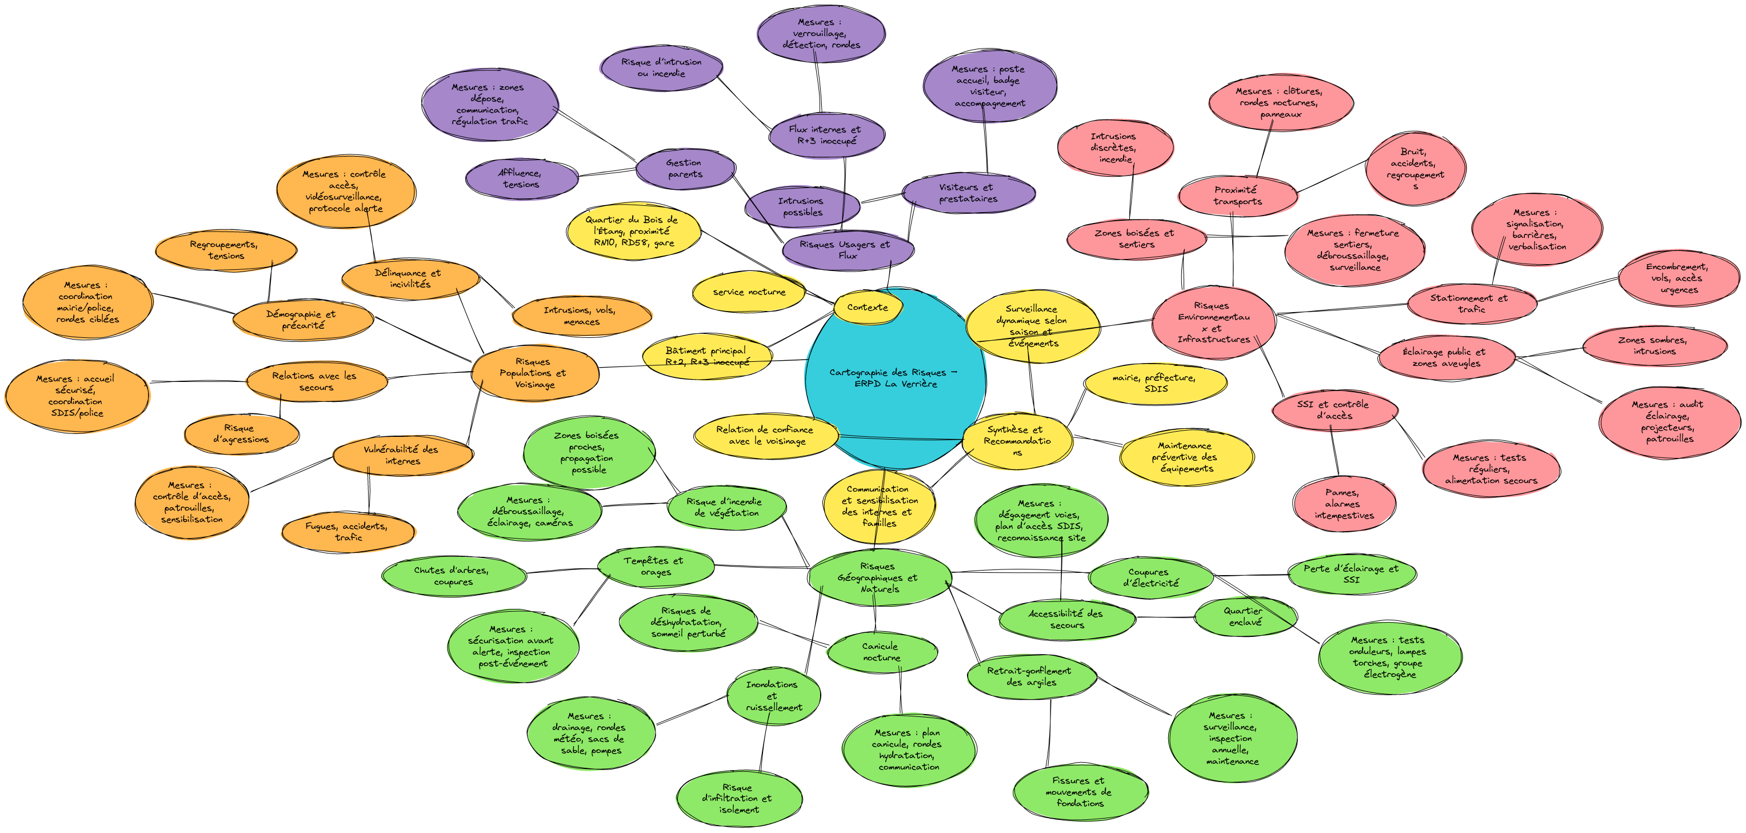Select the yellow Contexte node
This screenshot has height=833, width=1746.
(x=868, y=307)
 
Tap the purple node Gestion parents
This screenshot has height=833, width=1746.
(x=685, y=169)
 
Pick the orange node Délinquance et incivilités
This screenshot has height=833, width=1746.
(x=410, y=278)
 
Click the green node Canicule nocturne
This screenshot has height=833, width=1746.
(x=882, y=652)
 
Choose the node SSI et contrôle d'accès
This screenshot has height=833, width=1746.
(x=1334, y=410)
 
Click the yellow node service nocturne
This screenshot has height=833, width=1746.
(x=749, y=292)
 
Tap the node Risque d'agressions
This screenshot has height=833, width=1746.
(x=241, y=434)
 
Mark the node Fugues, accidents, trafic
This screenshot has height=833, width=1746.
(x=347, y=531)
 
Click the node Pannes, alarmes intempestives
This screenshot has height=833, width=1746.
(x=1344, y=504)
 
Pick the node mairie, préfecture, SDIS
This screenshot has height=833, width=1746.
(x=1155, y=383)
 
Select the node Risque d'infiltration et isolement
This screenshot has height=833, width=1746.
(x=739, y=799)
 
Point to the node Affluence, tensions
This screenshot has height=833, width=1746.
(x=521, y=179)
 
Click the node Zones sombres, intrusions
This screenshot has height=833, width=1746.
(x=1655, y=346)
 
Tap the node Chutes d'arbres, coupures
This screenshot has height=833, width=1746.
(x=453, y=576)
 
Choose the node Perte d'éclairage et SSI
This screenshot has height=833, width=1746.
(x=1352, y=574)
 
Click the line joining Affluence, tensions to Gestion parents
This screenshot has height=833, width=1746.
(x=608, y=172)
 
